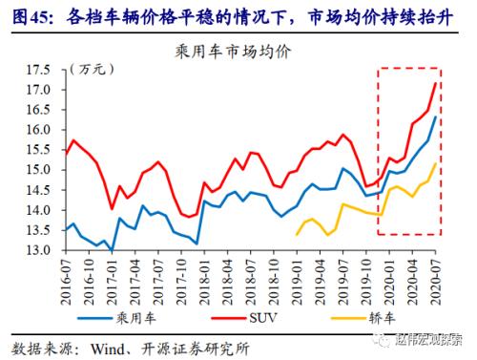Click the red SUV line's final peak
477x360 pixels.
point(436,83)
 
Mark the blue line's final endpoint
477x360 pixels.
point(436,117)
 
